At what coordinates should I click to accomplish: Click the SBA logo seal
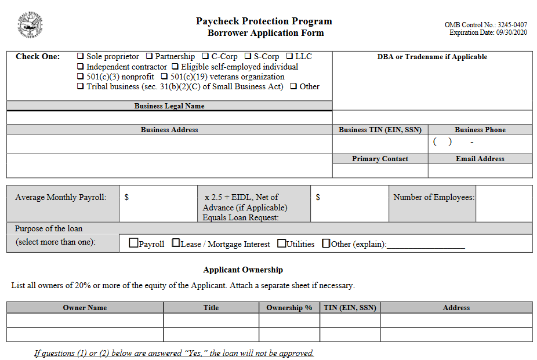(30, 26)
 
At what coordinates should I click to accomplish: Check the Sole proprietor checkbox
(81, 56)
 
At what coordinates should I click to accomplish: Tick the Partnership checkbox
(149, 56)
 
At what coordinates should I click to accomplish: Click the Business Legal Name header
(169, 106)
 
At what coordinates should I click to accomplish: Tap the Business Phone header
(480, 130)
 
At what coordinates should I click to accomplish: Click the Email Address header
(480, 158)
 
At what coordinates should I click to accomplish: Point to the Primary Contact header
(380, 158)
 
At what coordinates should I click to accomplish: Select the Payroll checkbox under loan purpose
(133, 243)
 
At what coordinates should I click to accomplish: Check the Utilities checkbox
(282, 243)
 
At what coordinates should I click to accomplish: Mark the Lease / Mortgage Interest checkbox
(176, 243)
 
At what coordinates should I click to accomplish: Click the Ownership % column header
(289, 307)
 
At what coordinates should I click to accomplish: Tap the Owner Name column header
(85, 307)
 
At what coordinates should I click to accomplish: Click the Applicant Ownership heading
(243, 270)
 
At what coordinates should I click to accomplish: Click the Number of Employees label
(433, 197)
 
